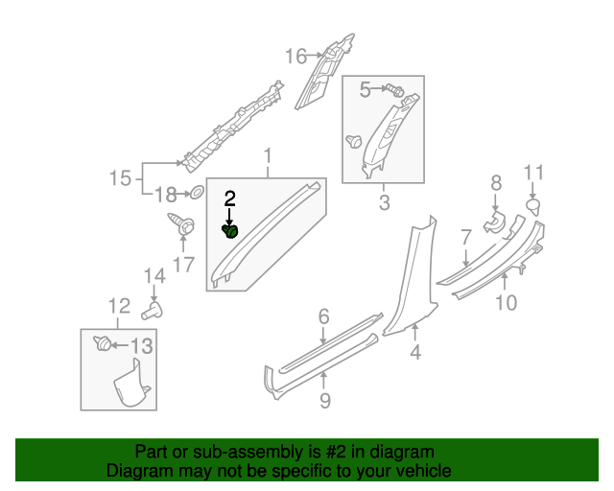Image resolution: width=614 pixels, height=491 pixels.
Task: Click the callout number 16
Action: (295, 56)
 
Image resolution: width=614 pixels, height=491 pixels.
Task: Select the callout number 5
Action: (366, 90)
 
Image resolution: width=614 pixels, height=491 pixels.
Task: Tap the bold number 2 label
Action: (229, 199)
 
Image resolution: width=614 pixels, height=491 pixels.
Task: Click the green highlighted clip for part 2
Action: (230, 230)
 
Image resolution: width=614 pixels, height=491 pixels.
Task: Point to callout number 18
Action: (166, 194)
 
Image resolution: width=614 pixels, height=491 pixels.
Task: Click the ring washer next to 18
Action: (193, 193)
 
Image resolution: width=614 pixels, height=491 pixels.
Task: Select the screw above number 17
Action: (182, 226)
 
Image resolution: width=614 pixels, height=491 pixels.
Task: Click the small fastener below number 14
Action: (152, 311)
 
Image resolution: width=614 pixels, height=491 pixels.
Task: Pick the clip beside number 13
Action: (100, 342)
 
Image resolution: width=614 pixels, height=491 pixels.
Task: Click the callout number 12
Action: (118, 307)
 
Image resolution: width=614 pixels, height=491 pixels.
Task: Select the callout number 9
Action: (325, 401)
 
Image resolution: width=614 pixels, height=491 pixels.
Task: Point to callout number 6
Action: (324, 316)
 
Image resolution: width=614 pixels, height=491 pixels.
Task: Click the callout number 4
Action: (415, 354)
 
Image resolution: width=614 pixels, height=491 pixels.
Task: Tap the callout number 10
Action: (506, 303)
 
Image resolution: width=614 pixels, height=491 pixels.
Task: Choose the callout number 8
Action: (496, 183)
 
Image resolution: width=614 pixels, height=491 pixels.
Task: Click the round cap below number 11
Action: (534, 204)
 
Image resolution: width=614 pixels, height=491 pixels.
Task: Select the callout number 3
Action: (384, 202)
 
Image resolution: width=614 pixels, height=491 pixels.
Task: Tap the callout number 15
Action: (119, 178)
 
